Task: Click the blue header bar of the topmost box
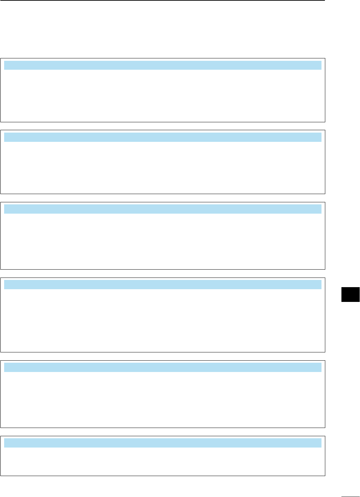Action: point(163,65)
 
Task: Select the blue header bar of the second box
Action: point(163,137)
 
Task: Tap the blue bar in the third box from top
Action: point(163,209)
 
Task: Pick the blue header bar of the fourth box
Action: point(163,285)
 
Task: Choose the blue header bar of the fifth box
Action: point(163,368)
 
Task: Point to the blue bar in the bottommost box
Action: point(163,443)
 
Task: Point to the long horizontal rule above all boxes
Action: point(162,1)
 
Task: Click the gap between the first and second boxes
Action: point(163,126)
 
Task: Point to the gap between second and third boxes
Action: point(163,198)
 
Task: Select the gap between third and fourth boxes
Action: point(163,274)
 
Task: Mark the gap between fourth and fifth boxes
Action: point(163,357)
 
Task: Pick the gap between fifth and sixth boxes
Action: point(163,432)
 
